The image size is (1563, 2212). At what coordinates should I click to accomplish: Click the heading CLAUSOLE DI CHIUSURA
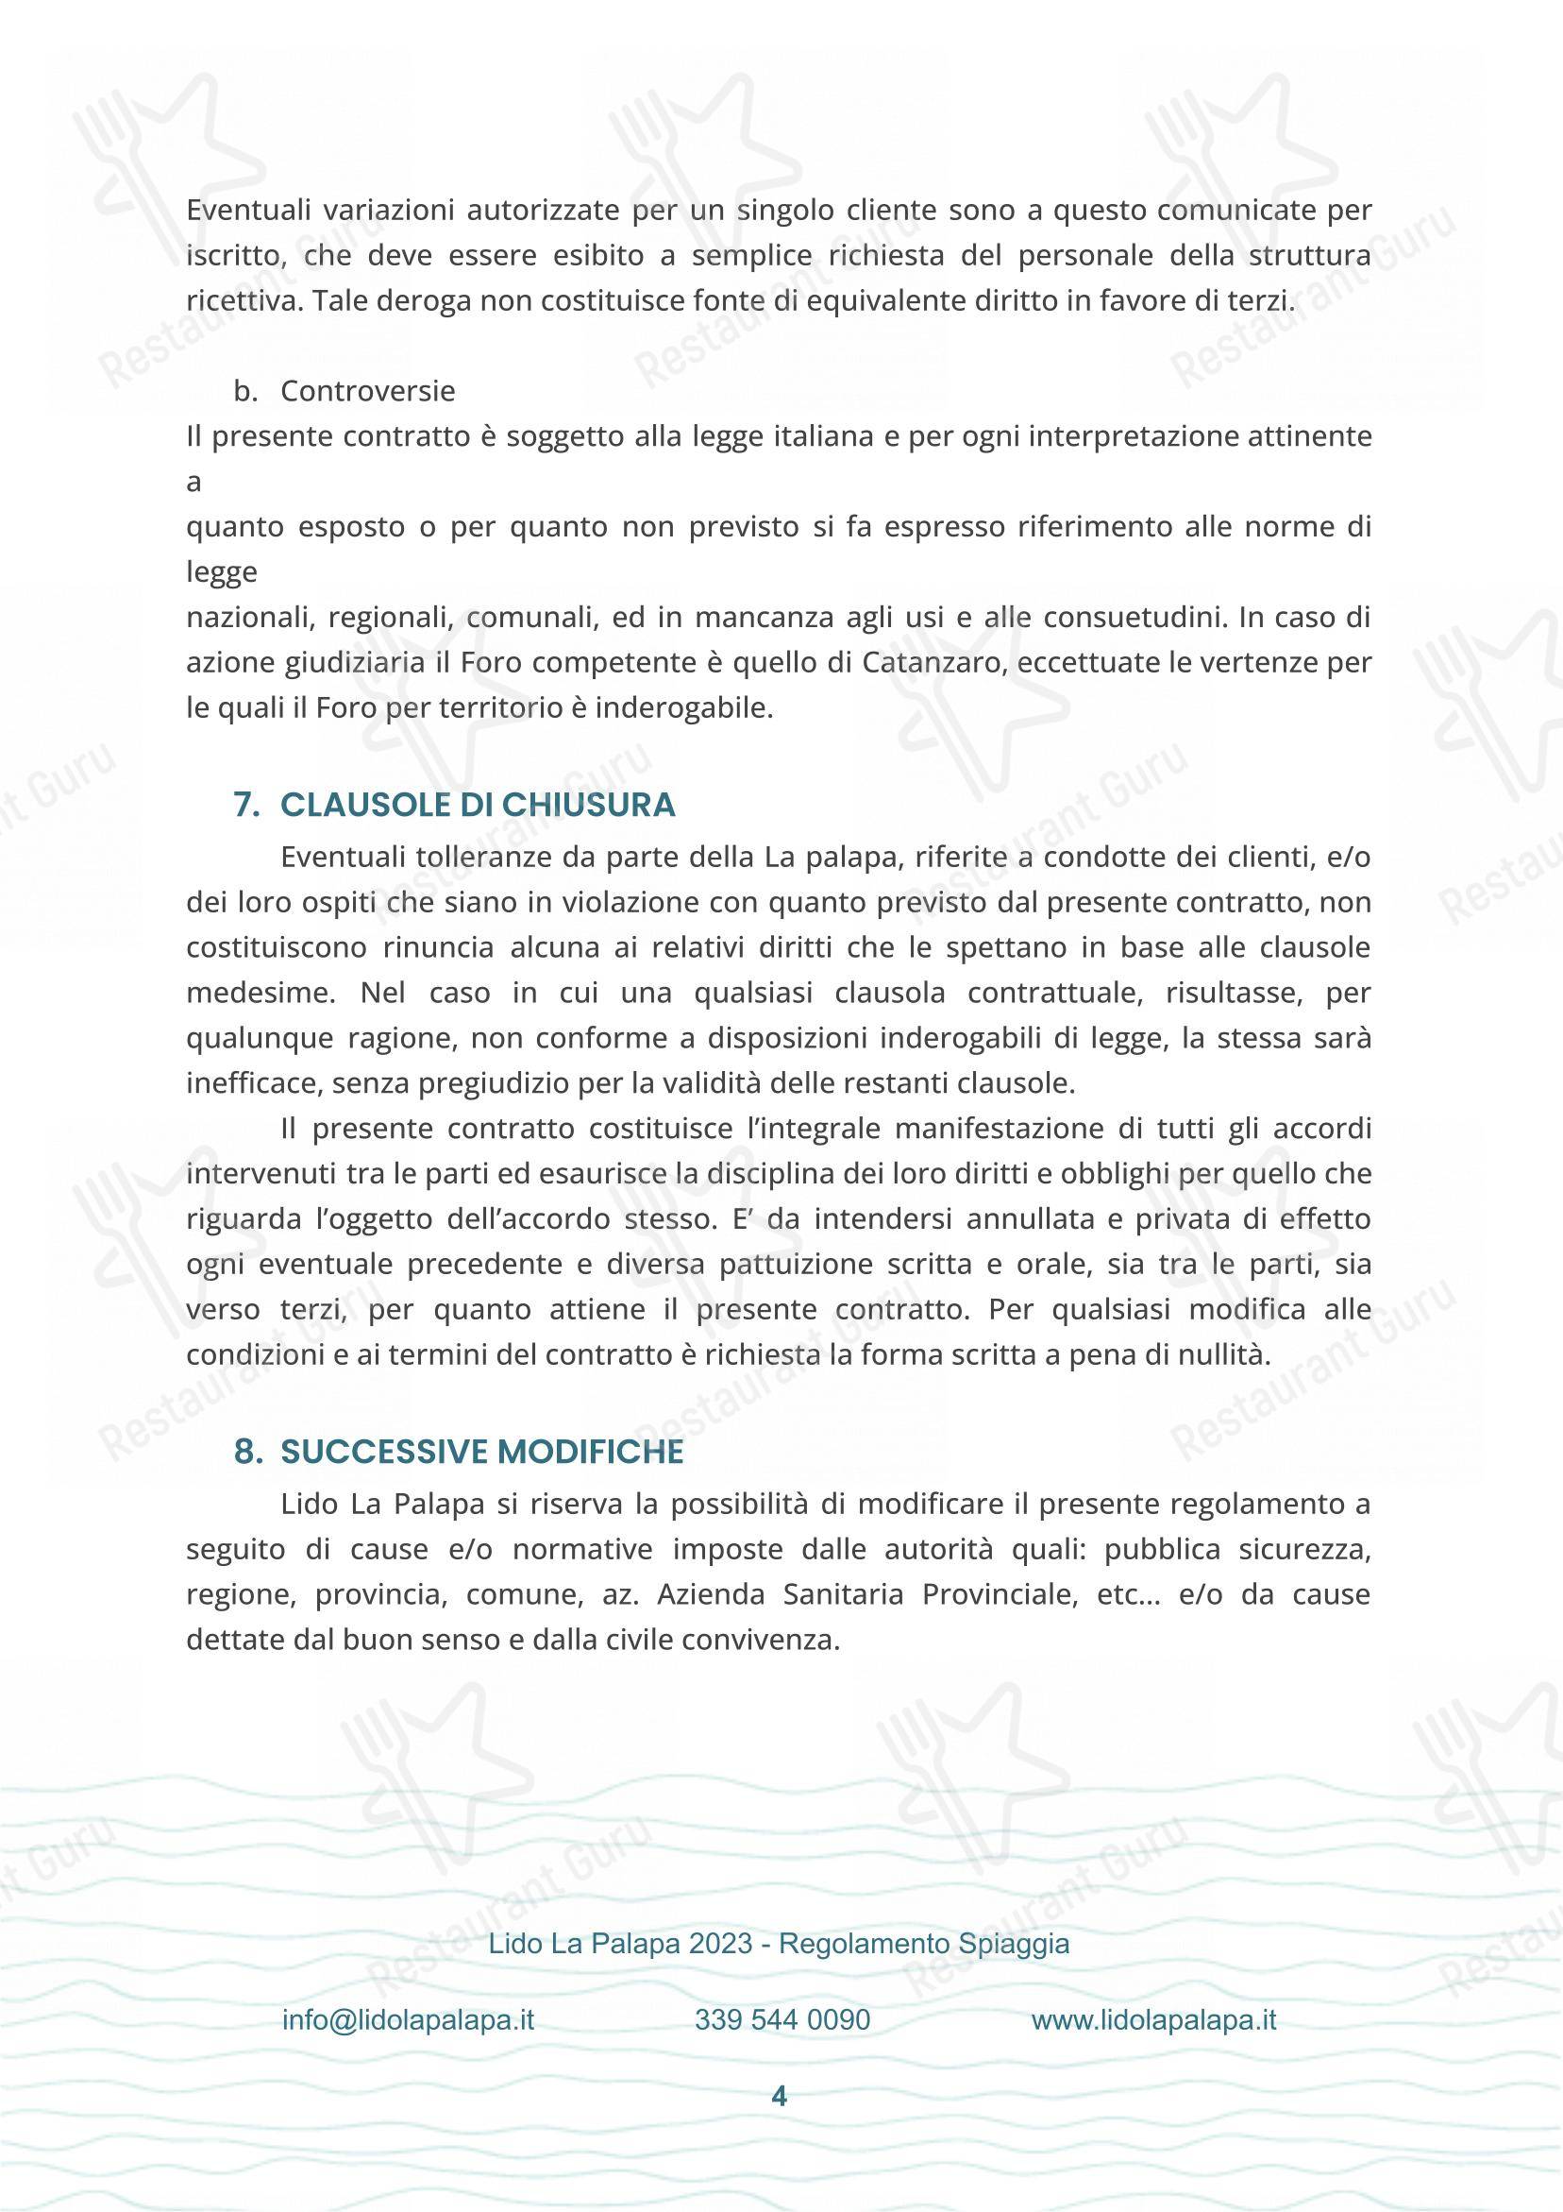(478, 806)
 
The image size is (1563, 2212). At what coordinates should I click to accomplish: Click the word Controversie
(368, 391)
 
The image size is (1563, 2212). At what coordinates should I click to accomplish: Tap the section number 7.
(246, 806)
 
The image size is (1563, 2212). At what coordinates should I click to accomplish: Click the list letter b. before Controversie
(244, 391)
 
